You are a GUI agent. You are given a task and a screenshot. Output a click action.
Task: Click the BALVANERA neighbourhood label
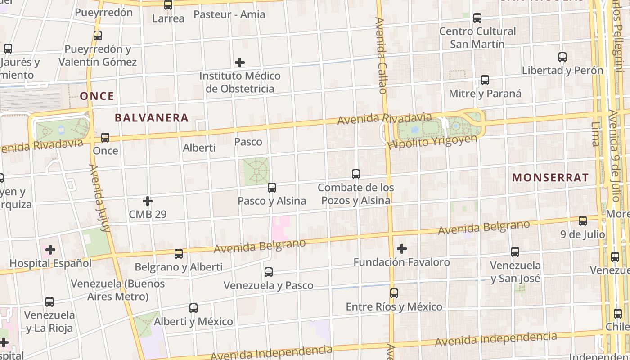click(151, 118)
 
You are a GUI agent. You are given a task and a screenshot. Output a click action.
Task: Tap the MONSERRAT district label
click(550, 177)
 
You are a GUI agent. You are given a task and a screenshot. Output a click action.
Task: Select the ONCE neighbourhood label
click(97, 96)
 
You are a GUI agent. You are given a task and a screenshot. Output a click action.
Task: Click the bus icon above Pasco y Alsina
click(272, 188)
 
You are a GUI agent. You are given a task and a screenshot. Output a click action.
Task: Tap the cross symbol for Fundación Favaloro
click(402, 248)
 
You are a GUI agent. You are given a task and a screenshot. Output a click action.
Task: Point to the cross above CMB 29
click(148, 201)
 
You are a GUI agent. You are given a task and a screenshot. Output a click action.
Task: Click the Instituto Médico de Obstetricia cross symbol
click(240, 63)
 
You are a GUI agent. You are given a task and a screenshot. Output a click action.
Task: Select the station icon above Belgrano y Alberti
click(179, 254)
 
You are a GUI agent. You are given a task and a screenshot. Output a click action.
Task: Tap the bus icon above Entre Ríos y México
click(394, 293)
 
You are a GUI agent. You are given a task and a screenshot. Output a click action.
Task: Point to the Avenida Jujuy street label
click(100, 198)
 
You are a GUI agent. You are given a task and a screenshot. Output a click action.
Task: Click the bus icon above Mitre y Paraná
click(485, 81)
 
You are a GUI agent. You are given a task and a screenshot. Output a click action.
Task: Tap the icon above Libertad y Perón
click(562, 57)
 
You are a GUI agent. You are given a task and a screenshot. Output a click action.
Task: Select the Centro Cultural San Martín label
click(477, 38)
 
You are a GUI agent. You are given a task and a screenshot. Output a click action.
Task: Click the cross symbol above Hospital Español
click(50, 249)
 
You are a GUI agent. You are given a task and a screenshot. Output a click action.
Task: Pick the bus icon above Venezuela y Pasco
click(269, 272)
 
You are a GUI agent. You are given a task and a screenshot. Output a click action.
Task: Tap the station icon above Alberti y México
click(193, 308)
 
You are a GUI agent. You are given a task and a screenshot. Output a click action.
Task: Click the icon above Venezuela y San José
click(515, 252)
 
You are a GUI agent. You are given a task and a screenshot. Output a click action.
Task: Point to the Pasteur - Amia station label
click(229, 14)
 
